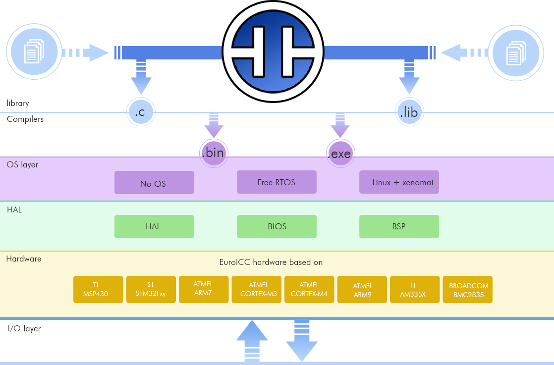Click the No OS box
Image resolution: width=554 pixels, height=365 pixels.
[154, 182]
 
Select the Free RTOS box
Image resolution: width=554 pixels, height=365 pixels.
[277, 182]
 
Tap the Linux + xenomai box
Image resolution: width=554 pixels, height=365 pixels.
[399, 182]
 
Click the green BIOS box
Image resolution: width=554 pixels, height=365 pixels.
[277, 226]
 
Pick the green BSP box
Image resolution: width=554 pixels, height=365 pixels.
[399, 226]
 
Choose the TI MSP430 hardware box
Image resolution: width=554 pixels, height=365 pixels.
[98, 289]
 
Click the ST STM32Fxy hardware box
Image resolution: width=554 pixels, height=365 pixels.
[151, 289]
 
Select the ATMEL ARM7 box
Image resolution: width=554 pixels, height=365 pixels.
[204, 289]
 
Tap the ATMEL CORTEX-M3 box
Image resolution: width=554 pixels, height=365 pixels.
[257, 289]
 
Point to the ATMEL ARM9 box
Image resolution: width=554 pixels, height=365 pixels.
[362, 289]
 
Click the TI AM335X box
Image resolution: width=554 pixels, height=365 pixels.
[415, 289]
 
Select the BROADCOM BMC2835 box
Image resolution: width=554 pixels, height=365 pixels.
[467, 289]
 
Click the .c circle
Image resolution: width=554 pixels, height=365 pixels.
[141, 112]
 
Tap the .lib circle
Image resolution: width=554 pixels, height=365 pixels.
[409, 112]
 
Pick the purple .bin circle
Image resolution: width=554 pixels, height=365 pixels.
[214, 153]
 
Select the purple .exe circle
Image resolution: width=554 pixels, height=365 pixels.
[340, 153]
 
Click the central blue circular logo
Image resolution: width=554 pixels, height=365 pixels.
[273, 52]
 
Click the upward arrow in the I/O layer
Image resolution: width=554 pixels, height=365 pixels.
[252, 341]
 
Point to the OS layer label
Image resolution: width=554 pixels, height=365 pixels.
[22, 164]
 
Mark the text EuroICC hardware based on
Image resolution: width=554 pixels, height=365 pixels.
[271, 262]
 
